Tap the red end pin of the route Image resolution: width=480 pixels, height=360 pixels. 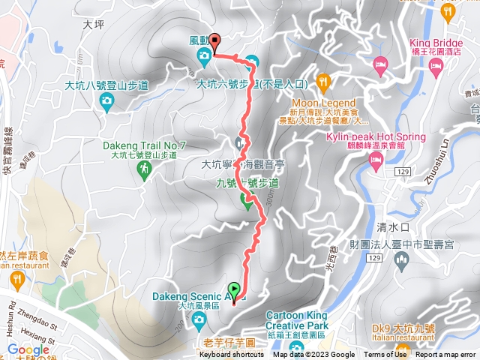pos(214,42)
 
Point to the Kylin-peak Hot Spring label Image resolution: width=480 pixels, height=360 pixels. pos(376,136)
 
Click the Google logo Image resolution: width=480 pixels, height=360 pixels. pos(28,349)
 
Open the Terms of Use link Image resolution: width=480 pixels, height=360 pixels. pos(385,355)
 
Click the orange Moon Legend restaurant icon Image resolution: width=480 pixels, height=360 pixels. pos(323,79)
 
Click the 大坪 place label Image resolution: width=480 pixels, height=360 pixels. pos(93,24)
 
